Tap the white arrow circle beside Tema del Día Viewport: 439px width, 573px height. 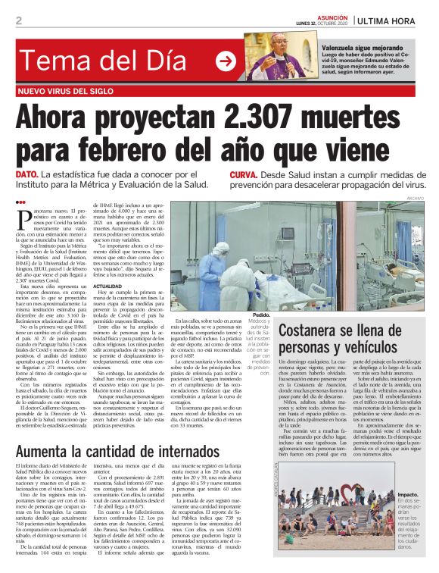pos(226,61)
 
